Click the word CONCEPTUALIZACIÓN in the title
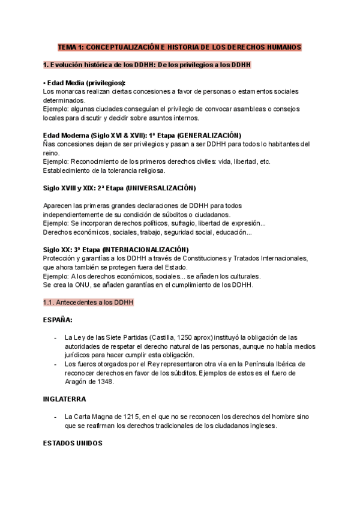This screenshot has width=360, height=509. (122, 47)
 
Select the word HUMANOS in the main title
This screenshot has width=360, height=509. (281, 47)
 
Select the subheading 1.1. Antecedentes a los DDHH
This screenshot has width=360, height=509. (88, 302)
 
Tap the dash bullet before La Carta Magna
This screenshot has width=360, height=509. (56, 417)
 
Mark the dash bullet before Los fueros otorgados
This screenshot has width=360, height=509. (56, 364)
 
